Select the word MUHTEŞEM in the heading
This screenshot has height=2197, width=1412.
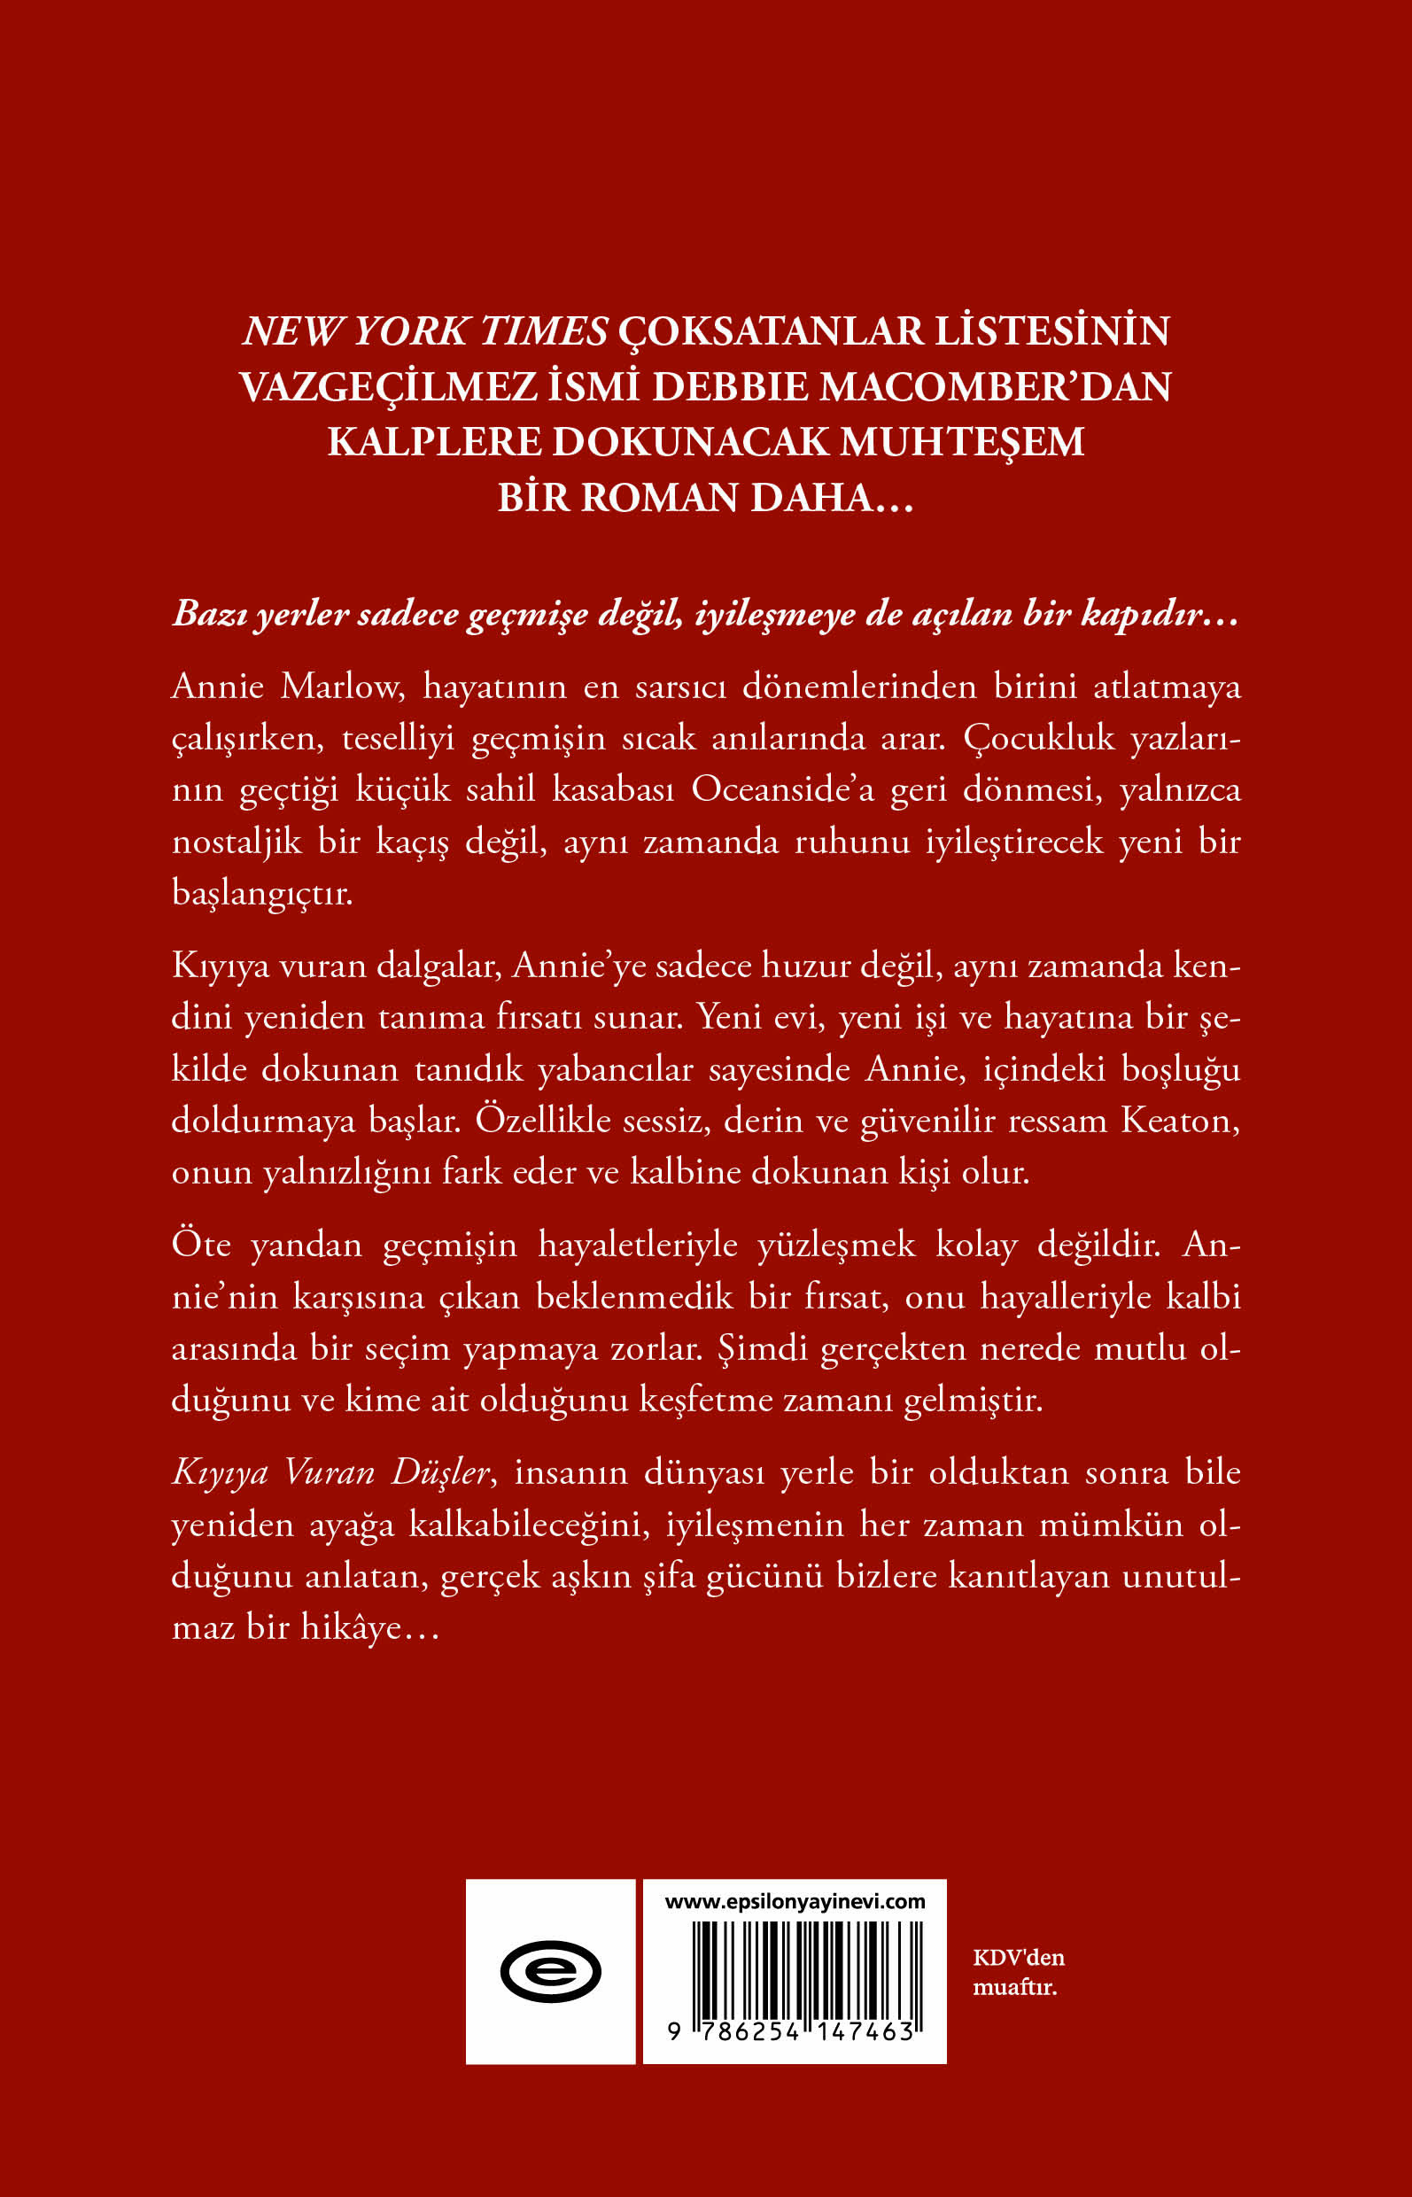[x=962, y=443]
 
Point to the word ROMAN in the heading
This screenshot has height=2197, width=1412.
[x=659, y=499]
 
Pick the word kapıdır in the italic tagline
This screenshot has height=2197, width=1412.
[x=1150, y=614]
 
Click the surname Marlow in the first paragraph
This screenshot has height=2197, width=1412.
[x=342, y=686]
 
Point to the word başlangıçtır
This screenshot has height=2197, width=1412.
[x=262, y=894]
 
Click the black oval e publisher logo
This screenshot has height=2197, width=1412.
[x=550, y=1971]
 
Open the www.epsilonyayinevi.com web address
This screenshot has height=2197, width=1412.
[x=795, y=1902]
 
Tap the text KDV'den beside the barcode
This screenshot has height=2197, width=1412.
[x=1019, y=1958]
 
